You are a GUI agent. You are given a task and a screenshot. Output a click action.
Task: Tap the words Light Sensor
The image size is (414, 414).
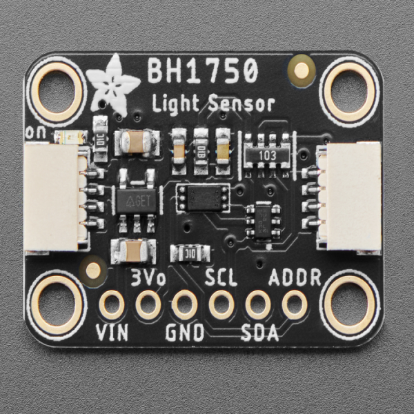213,104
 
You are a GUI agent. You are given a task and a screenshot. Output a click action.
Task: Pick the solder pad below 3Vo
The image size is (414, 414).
148,304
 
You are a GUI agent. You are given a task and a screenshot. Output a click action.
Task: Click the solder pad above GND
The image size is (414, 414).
185,304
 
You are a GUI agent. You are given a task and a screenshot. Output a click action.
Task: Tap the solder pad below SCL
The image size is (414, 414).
221,304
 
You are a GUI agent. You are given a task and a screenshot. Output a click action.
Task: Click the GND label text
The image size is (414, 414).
185,333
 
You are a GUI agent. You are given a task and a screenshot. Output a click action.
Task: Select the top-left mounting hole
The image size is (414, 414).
59,88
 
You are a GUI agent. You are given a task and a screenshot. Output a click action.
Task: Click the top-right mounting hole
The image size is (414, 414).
350,88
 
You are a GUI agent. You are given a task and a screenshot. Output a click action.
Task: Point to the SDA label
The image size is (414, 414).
259,333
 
